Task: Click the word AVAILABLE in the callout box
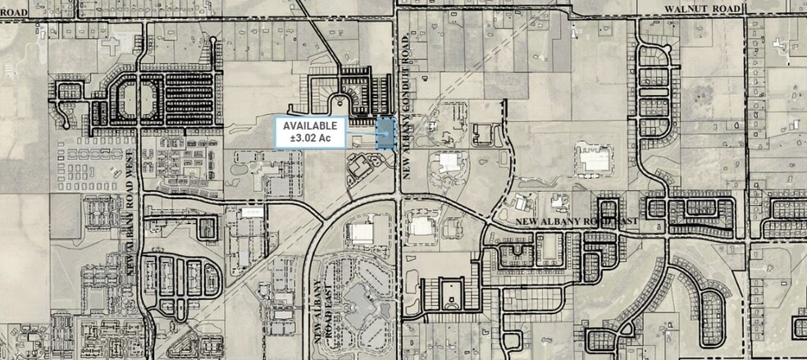point(310,125)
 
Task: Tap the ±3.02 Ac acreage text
point(310,139)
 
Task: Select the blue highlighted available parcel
point(385,133)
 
